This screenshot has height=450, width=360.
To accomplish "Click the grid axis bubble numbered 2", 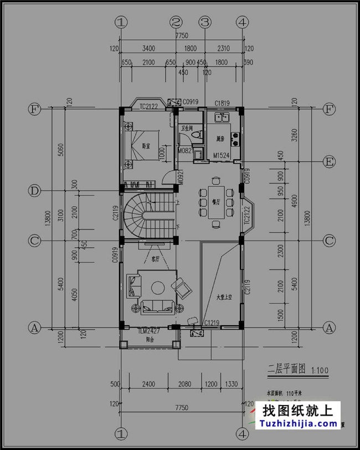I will [176, 22].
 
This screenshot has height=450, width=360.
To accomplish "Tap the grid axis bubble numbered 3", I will [205, 22].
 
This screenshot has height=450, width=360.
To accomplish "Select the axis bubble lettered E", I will [330, 161].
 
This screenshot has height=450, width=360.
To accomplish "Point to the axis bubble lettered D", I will [34, 191].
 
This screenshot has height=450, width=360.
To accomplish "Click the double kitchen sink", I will [223, 117].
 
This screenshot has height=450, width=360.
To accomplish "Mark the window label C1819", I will [222, 104].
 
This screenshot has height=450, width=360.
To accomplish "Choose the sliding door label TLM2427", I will [149, 331].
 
